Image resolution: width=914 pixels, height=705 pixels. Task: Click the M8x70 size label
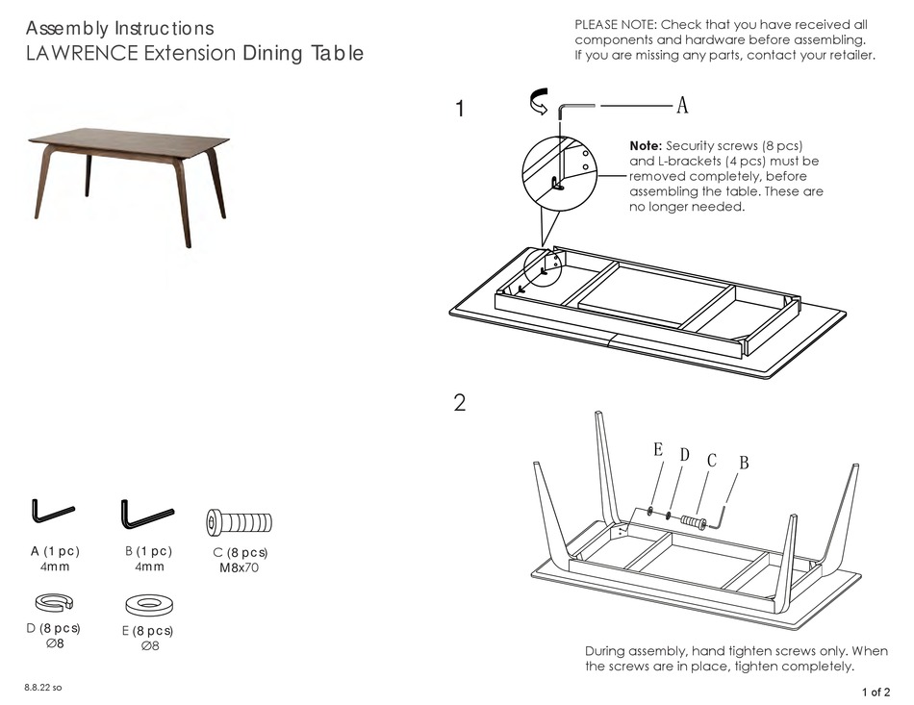click(240, 568)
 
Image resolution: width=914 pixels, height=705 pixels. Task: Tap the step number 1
click(460, 110)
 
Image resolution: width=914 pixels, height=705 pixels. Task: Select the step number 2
click(460, 403)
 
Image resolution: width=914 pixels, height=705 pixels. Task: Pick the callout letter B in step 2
click(743, 464)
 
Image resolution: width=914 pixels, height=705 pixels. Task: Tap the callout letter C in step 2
click(712, 460)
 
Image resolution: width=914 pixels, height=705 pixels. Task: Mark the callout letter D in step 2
click(684, 454)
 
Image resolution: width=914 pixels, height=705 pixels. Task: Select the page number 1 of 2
click(876, 691)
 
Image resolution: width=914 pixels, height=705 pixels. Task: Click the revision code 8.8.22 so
click(42, 688)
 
